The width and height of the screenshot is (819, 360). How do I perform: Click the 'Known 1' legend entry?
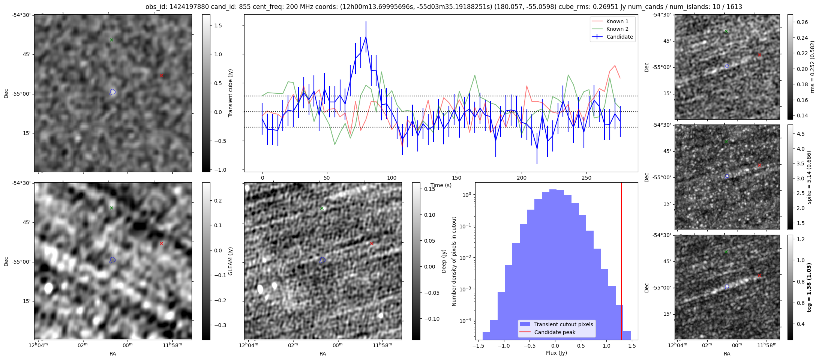[x=617, y=21]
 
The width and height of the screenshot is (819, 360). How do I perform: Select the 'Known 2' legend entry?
[x=617, y=29]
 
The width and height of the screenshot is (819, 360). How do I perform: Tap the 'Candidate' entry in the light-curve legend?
[x=619, y=37]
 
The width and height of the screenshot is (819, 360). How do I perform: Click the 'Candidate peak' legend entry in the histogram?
[x=555, y=332]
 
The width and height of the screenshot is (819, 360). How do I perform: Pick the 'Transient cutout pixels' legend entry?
[x=563, y=324]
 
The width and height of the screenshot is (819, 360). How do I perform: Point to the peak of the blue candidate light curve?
[x=366, y=37]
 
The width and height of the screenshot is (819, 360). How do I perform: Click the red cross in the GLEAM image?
[x=161, y=244]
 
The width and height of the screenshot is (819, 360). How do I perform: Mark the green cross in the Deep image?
[x=322, y=208]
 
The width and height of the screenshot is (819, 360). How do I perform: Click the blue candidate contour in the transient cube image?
[x=112, y=92]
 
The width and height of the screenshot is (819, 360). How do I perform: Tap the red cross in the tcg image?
[x=759, y=276]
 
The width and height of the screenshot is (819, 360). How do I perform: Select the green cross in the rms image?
[x=726, y=31]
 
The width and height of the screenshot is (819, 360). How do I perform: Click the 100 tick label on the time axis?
[x=391, y=178]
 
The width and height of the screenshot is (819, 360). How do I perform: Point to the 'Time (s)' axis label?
[x=441, y=185]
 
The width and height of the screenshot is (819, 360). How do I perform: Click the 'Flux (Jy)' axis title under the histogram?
[x=556, y=353]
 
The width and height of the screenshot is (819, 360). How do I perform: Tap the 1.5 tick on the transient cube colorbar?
[x=217, y=25]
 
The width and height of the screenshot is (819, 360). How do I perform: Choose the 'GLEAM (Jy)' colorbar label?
[x=230, y=261]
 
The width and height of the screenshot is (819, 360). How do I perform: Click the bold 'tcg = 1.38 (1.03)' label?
[x=809, y=287]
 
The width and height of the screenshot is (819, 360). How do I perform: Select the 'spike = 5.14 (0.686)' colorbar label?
[x=809, y=177]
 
